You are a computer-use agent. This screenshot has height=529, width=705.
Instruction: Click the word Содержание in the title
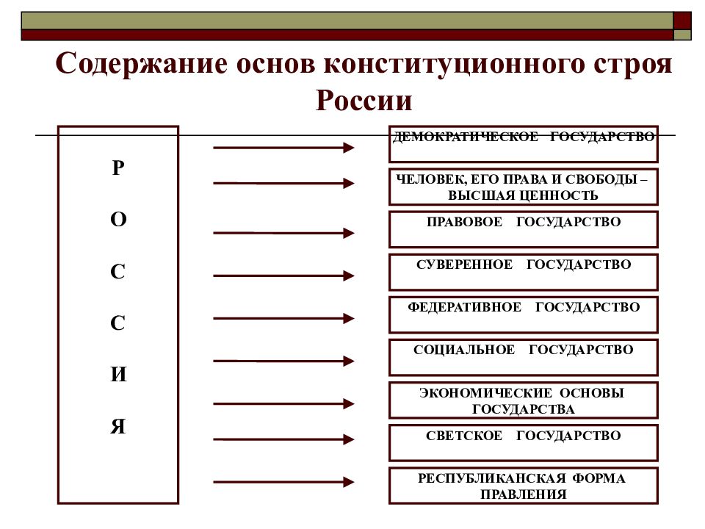click(141, 64)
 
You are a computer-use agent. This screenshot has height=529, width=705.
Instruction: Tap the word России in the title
click(364, 101)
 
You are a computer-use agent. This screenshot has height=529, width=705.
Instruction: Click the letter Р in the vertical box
click(117, 168)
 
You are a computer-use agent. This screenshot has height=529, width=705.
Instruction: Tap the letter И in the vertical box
click(118, 374)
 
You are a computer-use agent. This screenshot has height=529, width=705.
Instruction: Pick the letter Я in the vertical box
click(117, 426)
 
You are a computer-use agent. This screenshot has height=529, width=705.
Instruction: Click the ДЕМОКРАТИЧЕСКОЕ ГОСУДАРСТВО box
click(524, 144)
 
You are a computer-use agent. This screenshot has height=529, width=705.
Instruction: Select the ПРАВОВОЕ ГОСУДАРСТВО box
click(524, 229)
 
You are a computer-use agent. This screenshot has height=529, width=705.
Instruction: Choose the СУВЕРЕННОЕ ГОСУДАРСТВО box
click(524, 272)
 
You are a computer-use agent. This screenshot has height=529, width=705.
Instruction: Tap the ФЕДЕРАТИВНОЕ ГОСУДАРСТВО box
click(524, 315)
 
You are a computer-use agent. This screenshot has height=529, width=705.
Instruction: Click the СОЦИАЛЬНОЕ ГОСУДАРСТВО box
click(524, 358)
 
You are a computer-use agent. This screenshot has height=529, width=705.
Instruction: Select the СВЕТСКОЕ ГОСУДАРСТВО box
click(524, 443)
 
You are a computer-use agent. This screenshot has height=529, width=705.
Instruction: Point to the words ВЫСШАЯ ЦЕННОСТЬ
click(523, 195)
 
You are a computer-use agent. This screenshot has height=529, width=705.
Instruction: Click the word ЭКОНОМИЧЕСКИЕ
click(485, 392)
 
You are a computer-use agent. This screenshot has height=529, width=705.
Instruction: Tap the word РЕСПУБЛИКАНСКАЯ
click(491, 478)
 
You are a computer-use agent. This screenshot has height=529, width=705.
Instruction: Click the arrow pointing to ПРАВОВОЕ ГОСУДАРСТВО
click(283, 233)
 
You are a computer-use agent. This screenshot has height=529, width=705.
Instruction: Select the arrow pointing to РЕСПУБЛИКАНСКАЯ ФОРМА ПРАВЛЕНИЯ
click(283, 482)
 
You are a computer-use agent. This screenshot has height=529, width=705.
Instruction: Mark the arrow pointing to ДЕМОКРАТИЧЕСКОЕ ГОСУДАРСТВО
click(283, 148)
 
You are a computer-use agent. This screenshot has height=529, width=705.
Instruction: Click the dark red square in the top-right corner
click(682, 21)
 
